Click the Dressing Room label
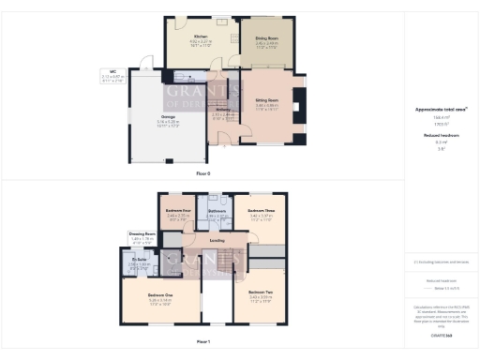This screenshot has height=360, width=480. [x=143, y=233]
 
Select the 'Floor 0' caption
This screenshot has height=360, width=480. [x=203, y=174]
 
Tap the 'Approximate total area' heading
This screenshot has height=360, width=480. [x=442, y=110]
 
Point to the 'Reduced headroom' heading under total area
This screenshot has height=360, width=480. [x=442, y=136]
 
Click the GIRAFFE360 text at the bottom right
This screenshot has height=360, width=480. [x=442, y=335]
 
